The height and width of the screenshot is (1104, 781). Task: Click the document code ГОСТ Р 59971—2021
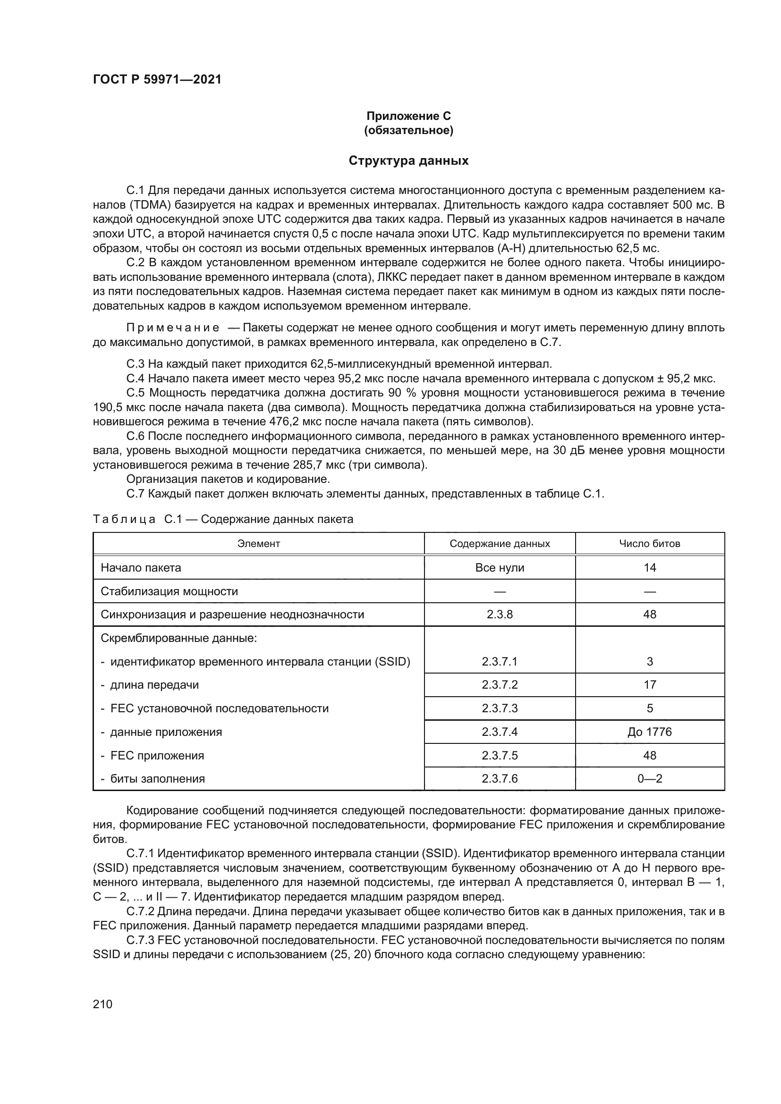[157, 79]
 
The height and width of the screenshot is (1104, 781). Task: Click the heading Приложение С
[408, 116]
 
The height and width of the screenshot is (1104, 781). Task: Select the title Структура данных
[408, 160]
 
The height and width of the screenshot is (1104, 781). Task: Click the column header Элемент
[259, 544]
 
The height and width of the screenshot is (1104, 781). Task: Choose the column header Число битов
[649, 544]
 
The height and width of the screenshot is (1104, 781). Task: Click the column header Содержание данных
[500, 544]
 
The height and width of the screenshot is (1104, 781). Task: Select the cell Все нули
[500, 568]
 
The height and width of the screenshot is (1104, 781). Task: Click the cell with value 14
[650, 568]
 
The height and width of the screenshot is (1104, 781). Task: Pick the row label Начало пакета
[141, 568]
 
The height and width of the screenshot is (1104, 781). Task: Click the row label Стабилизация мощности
[170, 591]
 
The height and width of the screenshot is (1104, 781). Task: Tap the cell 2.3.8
[500, 615]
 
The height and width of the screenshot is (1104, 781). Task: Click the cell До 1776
[649, 732]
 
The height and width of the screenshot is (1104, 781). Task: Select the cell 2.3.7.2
[500, 685]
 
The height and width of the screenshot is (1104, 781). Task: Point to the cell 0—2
[650, 778]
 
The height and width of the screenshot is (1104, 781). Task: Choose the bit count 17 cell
[650, 685]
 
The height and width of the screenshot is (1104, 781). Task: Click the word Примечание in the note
[173, 328]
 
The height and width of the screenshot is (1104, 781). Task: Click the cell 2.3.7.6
[500, 778]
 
